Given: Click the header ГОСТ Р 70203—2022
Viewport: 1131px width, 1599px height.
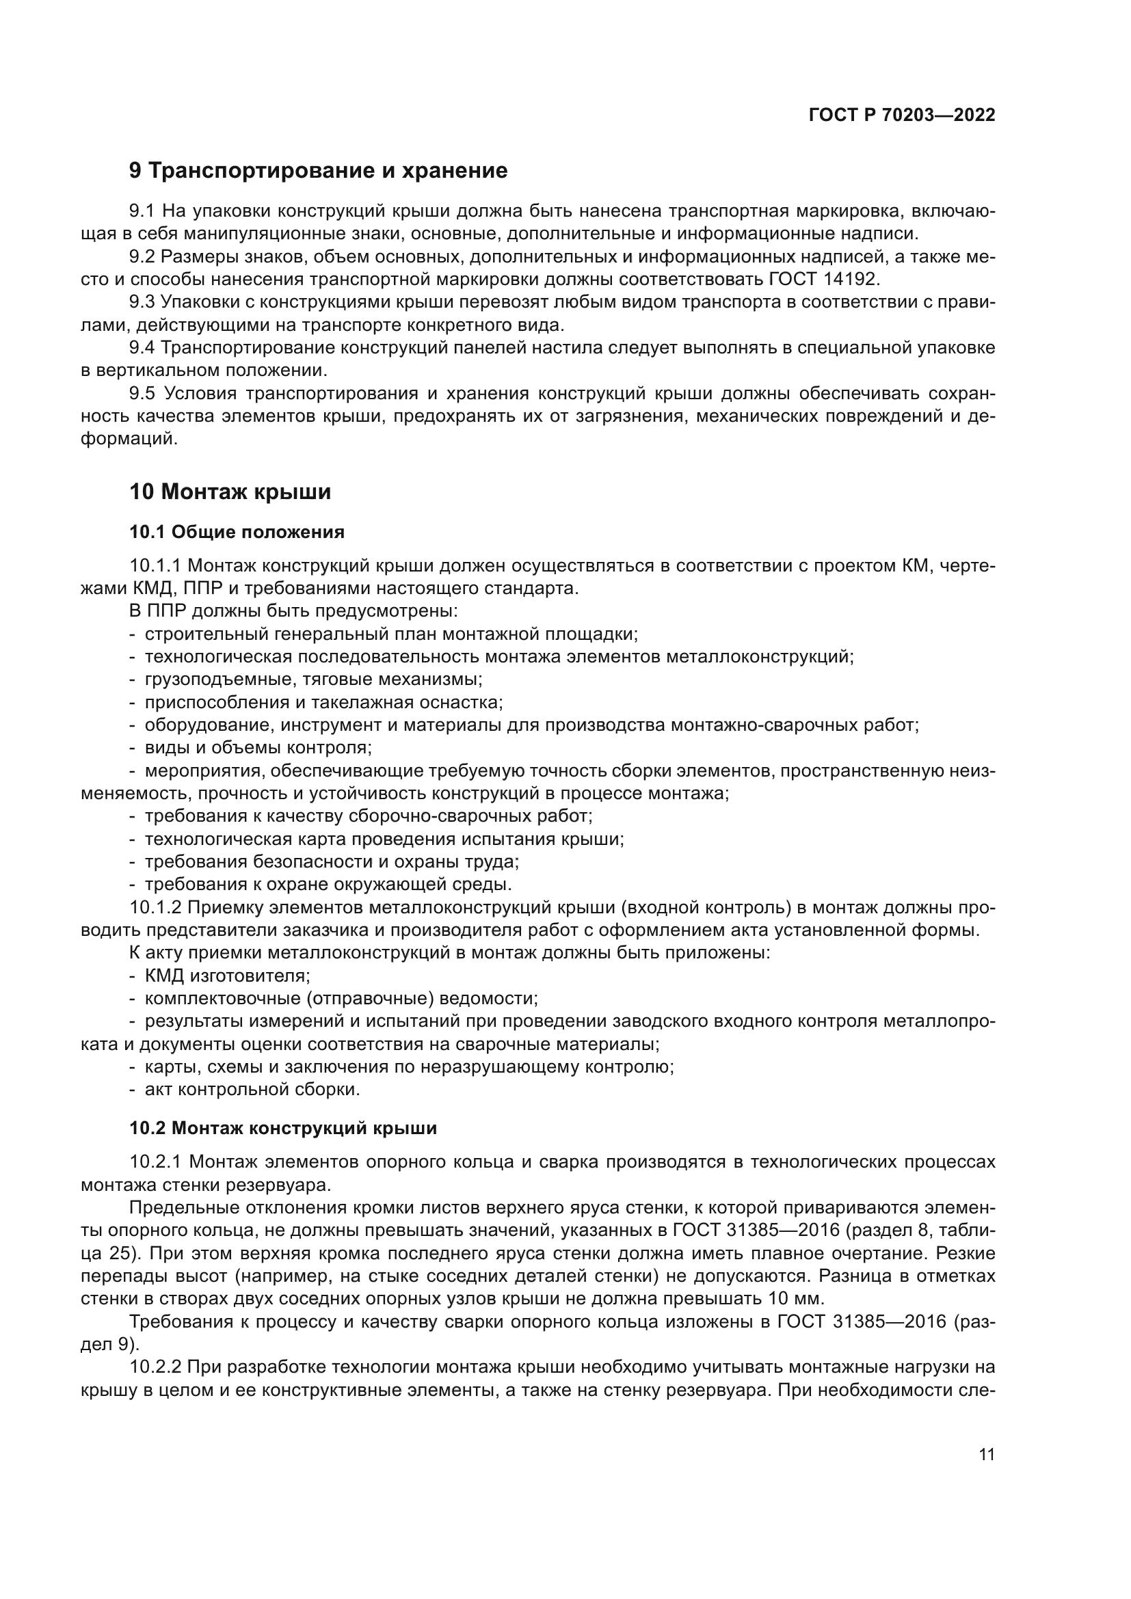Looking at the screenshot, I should click(901, 115).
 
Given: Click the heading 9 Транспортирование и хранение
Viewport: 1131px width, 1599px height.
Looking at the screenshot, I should click(318, 171).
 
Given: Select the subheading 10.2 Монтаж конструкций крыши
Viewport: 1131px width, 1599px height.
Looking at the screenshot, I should click(283, 1127).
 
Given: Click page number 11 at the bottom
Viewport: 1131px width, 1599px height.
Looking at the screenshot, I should click(986, 1454).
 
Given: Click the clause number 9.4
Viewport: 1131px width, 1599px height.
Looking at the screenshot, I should click(142, 347).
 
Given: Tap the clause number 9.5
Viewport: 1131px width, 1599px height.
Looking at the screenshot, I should click(142, 394).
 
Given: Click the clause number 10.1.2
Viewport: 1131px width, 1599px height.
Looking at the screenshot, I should click(155, 907).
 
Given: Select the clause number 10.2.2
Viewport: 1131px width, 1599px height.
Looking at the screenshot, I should click(155, 1367).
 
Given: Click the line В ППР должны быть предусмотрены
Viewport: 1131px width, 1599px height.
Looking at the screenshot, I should click(293, 610).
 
